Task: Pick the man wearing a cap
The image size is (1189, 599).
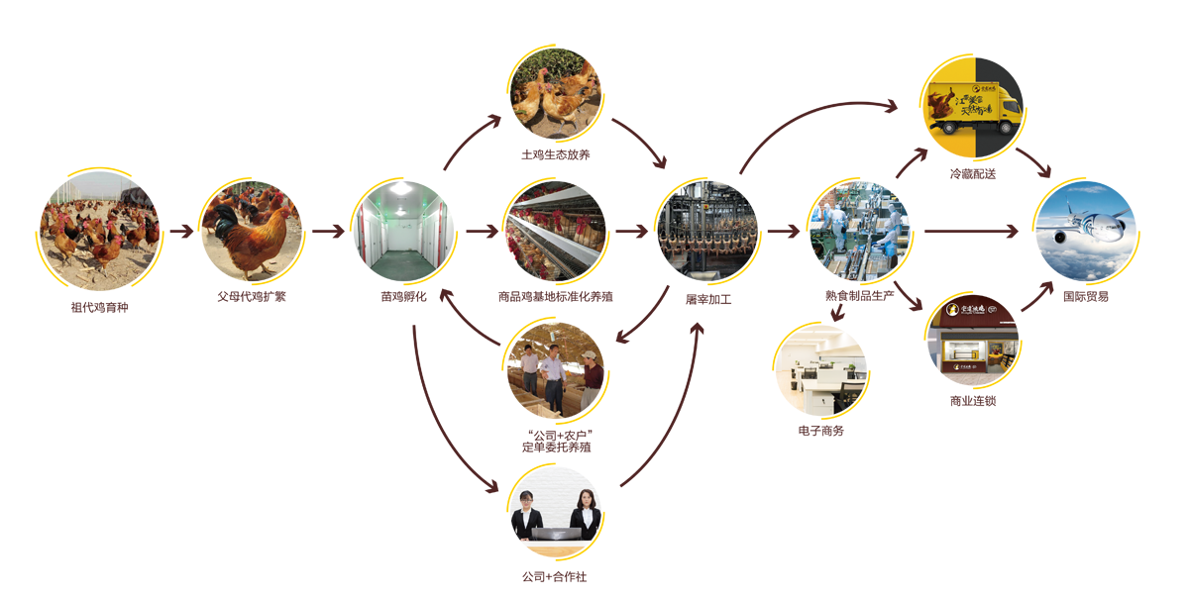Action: (592, 381)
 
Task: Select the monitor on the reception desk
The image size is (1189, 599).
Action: (556, 533)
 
